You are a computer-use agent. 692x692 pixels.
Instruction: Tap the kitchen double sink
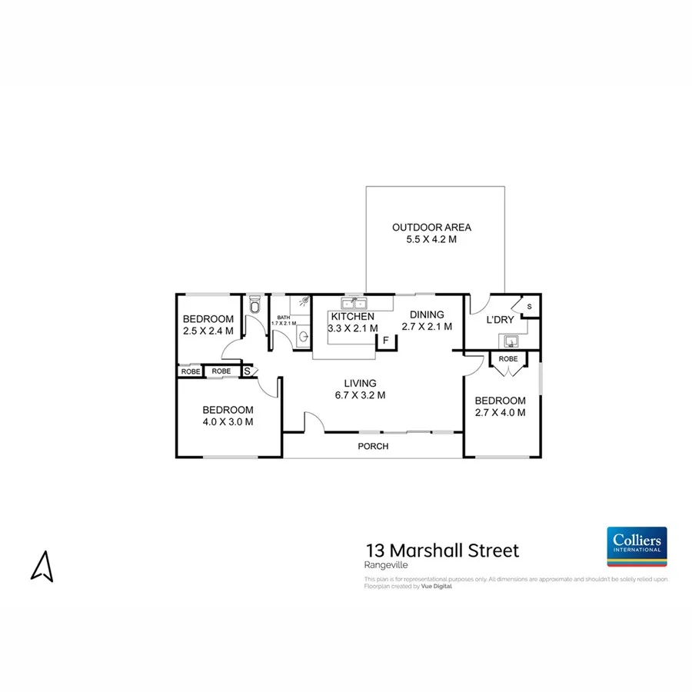(353, 303)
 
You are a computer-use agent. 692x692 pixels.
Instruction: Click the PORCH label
(373, 446)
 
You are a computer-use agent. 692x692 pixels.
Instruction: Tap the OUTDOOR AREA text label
(431, 228)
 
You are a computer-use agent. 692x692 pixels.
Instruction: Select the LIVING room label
(360, 383)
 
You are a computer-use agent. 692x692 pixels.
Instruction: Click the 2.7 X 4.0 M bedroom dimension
(500, 413)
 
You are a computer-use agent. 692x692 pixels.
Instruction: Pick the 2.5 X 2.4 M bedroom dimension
(208, 331)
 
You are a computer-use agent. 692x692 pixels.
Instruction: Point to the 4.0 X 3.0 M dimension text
(228, 421)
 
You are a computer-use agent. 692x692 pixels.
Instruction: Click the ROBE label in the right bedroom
(507, 359)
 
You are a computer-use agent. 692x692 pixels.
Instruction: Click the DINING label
(427, 314)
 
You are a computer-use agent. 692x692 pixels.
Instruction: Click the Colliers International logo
(637, 546)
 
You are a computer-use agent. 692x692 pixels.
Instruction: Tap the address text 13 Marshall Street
(442, 551)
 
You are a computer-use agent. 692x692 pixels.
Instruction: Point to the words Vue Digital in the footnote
(437, 586)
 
